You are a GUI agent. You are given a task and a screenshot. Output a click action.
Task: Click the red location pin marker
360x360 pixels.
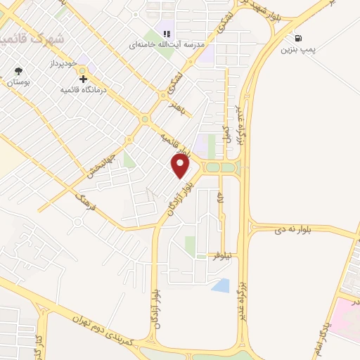181,166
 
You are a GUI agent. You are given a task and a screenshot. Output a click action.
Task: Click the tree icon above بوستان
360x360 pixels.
19,71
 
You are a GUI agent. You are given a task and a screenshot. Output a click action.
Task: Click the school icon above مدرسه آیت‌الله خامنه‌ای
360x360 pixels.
167,33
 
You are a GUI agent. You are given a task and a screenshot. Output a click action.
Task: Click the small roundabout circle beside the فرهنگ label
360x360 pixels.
79,224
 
